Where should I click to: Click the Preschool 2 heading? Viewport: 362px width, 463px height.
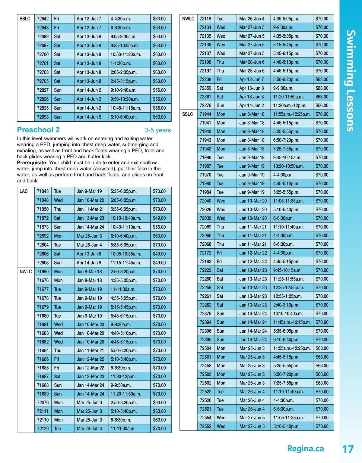(38, 130)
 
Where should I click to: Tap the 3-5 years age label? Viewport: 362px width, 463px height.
(158, 130)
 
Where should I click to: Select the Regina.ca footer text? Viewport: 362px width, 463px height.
(305, 449)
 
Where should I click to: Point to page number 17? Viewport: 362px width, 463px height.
(348, 449)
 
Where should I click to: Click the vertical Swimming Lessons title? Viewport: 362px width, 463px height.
(350, 81)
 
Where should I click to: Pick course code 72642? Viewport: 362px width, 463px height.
(43, 19)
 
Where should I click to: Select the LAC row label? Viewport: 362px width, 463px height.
(24, 191)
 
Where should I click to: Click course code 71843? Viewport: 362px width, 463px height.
(43, 191)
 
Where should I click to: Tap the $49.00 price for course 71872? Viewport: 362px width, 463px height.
(159, 218)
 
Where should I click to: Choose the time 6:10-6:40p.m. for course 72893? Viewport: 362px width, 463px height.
(123, 117)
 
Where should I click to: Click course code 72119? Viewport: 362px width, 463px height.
(205, 19)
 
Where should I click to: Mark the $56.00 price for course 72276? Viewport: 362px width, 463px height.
(322, 106)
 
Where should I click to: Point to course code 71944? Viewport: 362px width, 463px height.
(205, 114)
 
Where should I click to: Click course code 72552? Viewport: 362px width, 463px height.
(205, 427)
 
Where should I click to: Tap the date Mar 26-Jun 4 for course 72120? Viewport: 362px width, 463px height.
(89, 429)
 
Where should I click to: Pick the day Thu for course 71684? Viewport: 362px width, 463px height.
(58, 351)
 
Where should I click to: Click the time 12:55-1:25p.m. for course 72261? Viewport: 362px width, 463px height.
(287, 297)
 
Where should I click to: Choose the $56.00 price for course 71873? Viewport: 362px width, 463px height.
(159, 227)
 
